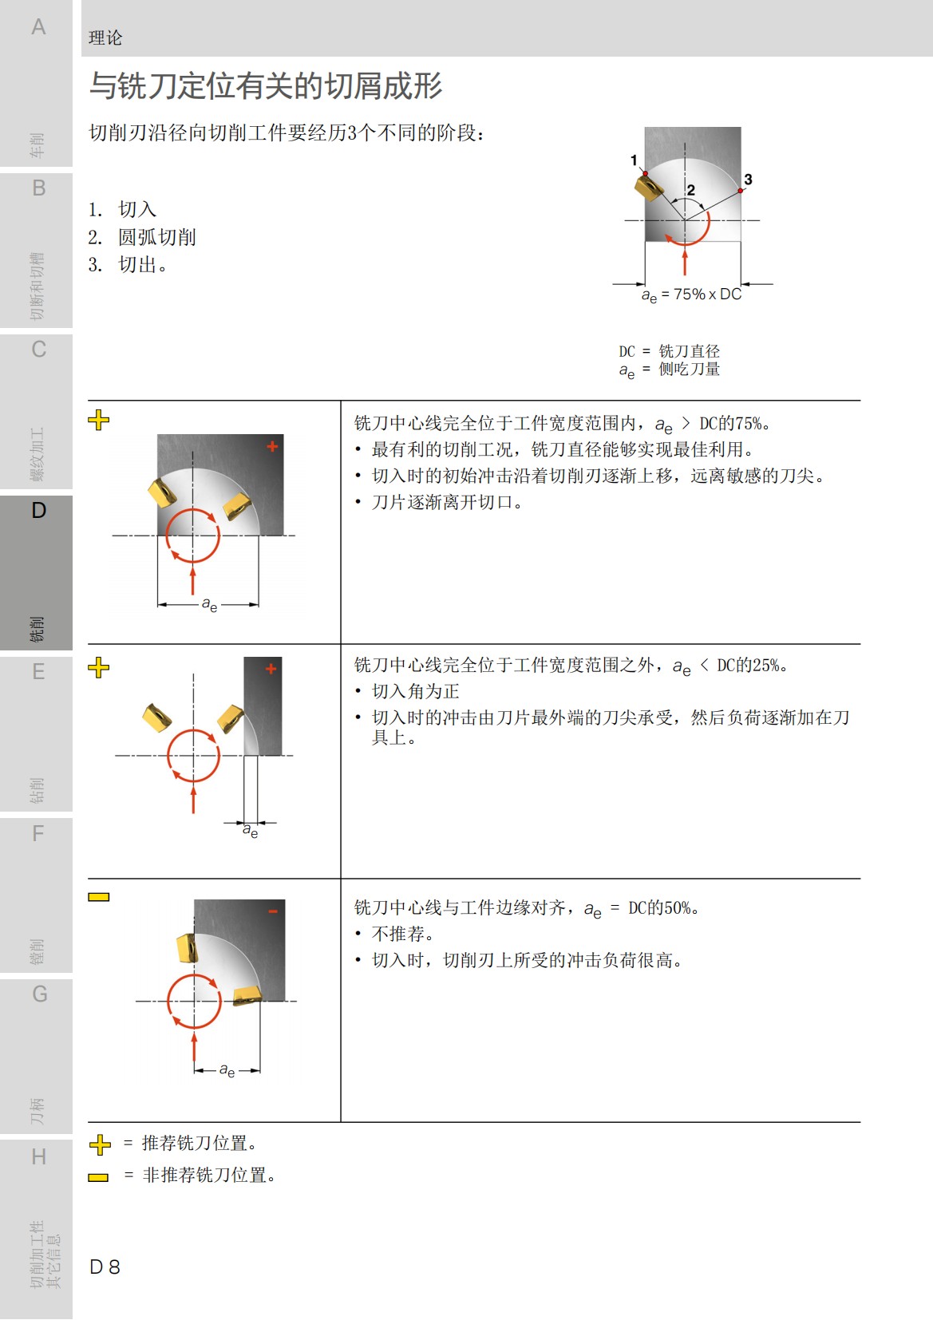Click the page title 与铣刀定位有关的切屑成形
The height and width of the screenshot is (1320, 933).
pyautogui.click(x=265, y=86)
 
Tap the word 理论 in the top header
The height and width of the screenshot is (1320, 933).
pyautogui.click(x=105, y=38)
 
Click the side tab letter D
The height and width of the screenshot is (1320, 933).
pyautogui.click(x=38, y=511)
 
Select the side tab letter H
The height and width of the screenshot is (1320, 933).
pyautogui.click(x=38, y=1156)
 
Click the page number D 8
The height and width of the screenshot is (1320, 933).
pyautogui.click(x=105, y=1267)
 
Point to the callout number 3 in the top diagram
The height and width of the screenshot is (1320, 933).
pyautogui.click(x=748, y=180)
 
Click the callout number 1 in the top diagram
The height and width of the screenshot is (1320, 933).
pyautogui.click(x=634, y=160)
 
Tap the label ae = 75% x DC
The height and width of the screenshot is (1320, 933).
pyautogui.click(x=691, y=294)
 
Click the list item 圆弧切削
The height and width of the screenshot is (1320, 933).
pyautogui.click(x=156, y=237)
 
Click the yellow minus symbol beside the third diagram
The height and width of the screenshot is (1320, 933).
pyautogui.click(x=99, y=897)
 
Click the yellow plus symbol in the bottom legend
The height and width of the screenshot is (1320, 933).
pyautogui.click(x=100, y=1144)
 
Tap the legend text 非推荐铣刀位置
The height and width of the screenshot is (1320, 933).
pyautogui.click(x=208, y=1175)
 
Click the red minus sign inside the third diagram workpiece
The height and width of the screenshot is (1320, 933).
pyautogui.click(x=273, y=911)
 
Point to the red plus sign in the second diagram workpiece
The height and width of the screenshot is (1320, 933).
pyautogui.click(x=271, y=669)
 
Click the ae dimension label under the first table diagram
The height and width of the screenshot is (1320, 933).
pyautogui.click(x=209, y=605)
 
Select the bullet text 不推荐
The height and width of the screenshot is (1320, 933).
pyautogui.click(x=402, y=934)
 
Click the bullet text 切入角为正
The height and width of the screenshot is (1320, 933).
pyautogui.click(x=415, y=691)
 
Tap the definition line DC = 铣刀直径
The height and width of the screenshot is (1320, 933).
pyautogui.click(x=669, y=351)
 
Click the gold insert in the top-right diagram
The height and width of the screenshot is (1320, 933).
pyautogui.click(x=648, y=188)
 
